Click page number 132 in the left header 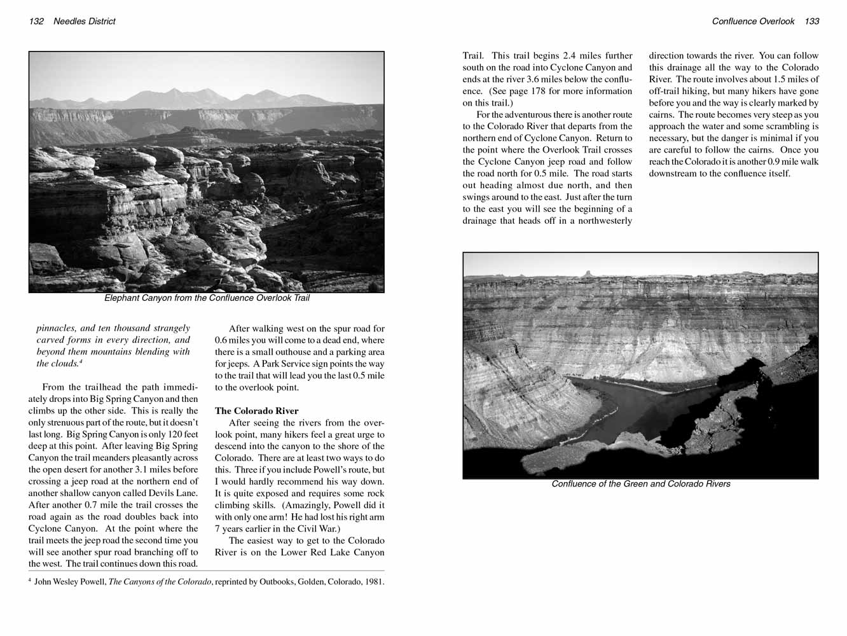(x=36, y=22)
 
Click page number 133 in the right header (x=812, y=22)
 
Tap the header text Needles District (x=85, y=22)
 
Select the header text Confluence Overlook (x=753, y=22)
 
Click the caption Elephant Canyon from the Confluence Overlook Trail (x=207, y=298)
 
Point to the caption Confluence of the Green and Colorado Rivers (x=640, y=484)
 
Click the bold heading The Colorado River (x=256, y=411)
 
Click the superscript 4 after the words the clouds (x=81, y=361)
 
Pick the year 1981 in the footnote (x=373, y=582)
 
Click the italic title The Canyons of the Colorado (x=160, y=582)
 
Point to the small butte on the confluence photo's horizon (x=586, y=273)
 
